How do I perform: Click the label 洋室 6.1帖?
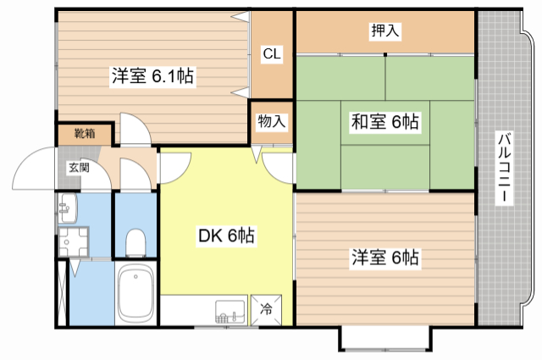tap(152, 76)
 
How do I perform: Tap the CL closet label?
tap(272, 54)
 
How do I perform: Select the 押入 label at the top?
tap(385, 31)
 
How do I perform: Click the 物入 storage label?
tap(271, 121)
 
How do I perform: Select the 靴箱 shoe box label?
tap(83, 134)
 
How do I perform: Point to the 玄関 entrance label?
tap(78, 167)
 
